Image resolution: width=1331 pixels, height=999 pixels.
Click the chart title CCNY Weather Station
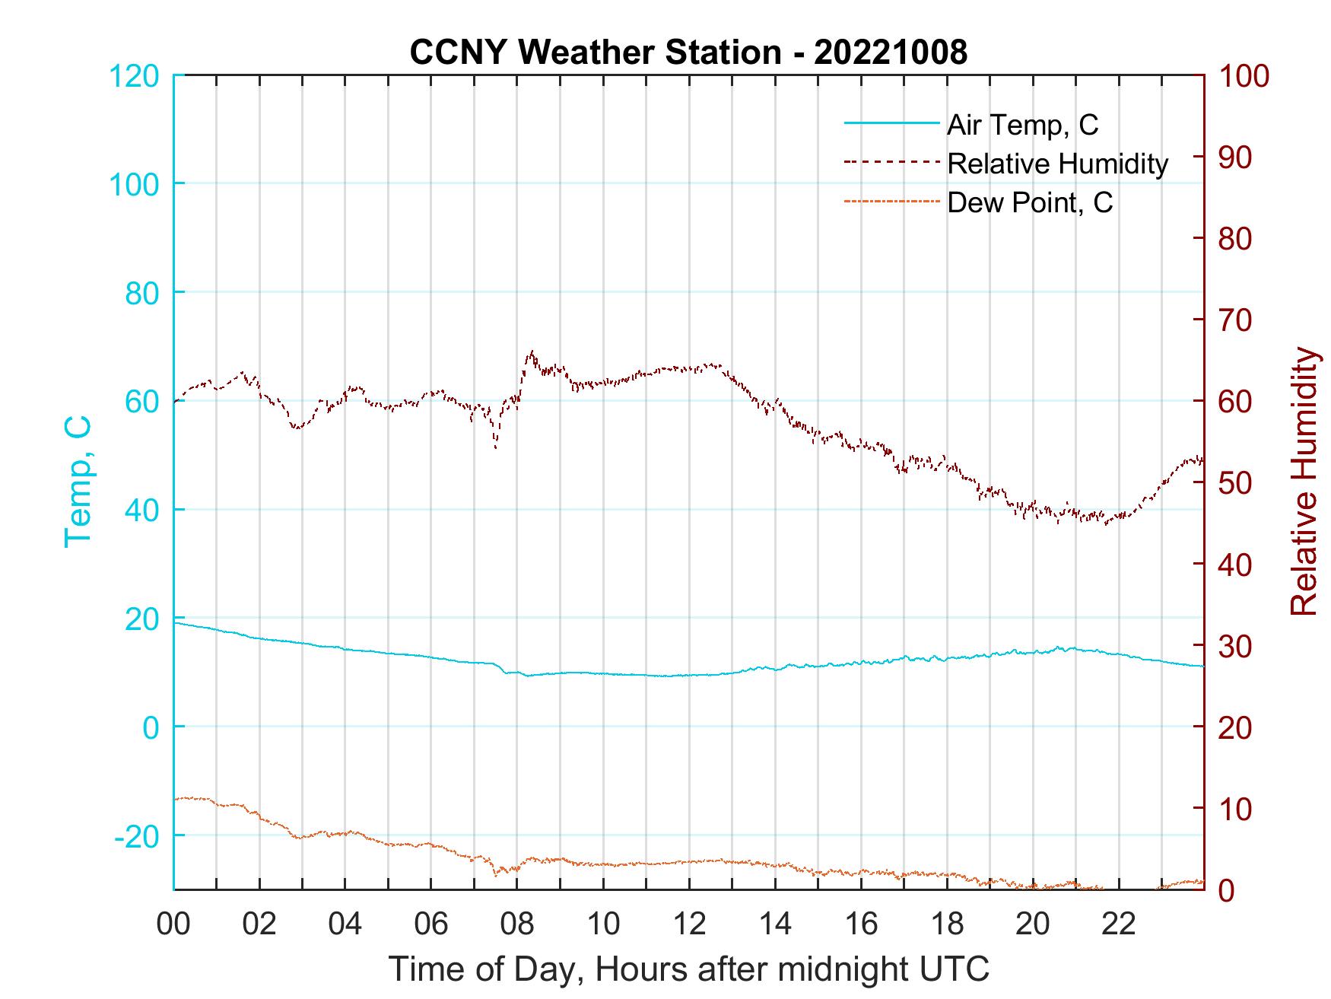688,52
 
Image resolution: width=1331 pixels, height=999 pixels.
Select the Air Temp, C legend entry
1021,125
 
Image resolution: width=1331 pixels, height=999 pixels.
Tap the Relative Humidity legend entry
1057,164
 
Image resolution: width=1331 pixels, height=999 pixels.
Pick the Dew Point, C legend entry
1029,202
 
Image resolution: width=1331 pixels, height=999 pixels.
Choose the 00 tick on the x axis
173,924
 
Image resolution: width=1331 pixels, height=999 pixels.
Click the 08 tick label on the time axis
517,924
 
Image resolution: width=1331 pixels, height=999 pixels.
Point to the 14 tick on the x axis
775,924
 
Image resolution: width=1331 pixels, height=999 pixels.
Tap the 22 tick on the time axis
1119,924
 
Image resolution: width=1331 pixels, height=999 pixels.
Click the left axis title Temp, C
78,481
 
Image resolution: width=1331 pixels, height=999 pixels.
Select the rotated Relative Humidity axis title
1304,481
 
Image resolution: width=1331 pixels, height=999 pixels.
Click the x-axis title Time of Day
688,969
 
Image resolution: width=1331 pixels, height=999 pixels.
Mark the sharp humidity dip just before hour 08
496,447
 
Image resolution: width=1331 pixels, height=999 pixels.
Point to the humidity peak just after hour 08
531,352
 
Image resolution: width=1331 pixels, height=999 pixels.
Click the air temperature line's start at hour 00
175,622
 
